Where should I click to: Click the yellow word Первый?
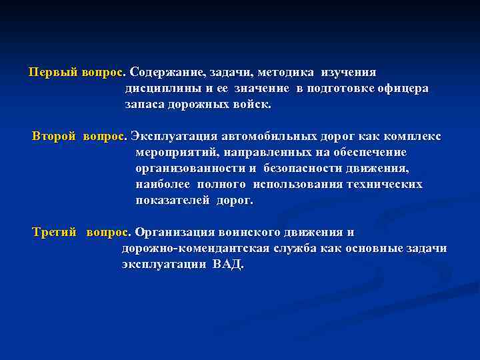point(53,72)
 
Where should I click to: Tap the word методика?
point(287,72)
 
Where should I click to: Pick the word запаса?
point(145,104)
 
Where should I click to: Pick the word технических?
point(385,184)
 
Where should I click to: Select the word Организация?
point(175,233)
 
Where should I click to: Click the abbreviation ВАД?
point(228,265)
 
